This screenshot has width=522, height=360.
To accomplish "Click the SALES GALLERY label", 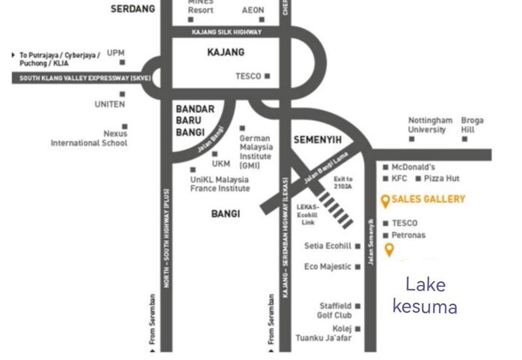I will pos(428,200).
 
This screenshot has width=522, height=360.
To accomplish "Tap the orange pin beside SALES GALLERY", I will pos(386,201).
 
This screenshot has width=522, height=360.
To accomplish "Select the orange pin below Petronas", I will pos(390,249).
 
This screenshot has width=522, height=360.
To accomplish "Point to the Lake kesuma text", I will pos(425,295).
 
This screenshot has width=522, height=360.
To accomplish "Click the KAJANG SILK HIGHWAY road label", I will pos(226,32).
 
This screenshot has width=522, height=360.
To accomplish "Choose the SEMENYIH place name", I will pos(318,140).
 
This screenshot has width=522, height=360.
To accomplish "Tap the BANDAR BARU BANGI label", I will pos(195,121).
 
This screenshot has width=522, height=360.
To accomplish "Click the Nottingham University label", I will pos(430,125).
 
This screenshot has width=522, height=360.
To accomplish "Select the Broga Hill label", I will pos(472,125).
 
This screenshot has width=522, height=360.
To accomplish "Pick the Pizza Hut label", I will pos(442,178).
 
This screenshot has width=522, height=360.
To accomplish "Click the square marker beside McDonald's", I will pos(386,168).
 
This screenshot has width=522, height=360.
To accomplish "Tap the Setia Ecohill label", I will pos(328,246).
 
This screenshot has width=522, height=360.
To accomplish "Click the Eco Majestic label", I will pos(328,267).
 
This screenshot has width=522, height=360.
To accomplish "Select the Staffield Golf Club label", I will pos(335,310).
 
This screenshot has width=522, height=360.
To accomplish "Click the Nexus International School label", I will pos(89,138).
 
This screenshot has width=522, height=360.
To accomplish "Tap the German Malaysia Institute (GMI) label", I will pos(256,152).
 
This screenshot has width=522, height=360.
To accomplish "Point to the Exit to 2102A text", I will pos(343,183).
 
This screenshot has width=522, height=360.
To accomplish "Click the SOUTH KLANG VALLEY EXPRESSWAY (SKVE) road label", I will pos(76,78).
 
